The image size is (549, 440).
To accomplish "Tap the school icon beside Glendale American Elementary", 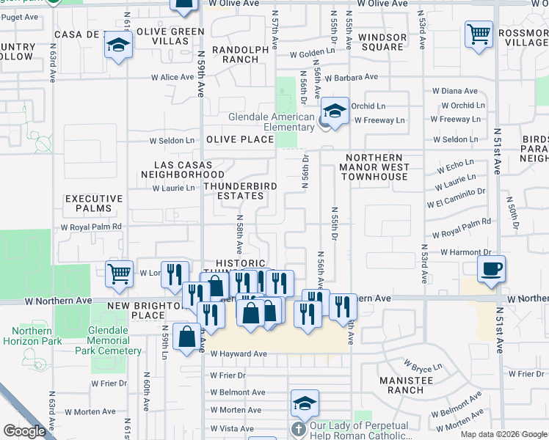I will pos(335,111).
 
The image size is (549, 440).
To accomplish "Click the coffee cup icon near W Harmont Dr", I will pos(492,268).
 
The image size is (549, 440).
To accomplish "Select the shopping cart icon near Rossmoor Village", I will pos(478,34).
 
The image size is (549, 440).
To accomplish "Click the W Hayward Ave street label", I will pos(239,354).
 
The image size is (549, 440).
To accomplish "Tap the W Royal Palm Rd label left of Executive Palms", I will pos(91,227).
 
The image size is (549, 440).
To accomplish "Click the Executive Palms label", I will pos(93,203).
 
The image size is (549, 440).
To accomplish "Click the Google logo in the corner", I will pos(24,431).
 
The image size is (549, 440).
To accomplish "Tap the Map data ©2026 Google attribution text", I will pos(503,434).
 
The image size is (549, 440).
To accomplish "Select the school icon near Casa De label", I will pos(117,45).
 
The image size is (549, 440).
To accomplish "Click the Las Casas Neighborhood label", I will pos(183,170).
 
